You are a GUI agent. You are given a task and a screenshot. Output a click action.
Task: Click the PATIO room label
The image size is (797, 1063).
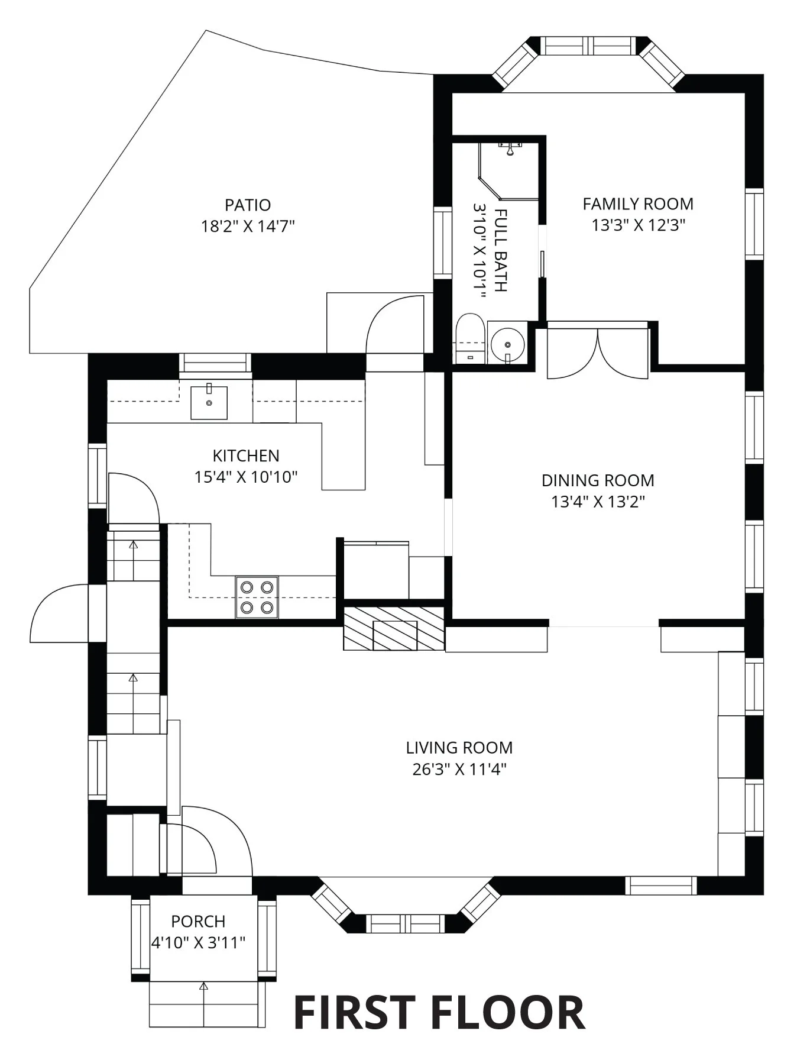[248, 205]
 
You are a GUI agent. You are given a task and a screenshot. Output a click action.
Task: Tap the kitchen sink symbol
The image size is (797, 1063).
[209, 402]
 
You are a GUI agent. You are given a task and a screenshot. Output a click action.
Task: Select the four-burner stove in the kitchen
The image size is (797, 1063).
[257, 597]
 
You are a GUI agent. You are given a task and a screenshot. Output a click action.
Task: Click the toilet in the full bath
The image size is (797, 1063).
[471, 338]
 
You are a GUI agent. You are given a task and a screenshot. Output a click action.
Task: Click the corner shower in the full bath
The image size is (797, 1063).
[508, 170]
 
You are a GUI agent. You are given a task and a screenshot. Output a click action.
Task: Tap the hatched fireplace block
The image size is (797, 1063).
[394, 628]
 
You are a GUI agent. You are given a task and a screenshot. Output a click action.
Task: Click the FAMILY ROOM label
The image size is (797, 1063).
[638, 204]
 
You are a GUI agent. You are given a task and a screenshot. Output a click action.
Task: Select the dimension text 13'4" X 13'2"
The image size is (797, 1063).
[598, 502]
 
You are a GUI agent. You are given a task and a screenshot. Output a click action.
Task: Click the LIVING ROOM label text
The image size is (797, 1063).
[459, 748]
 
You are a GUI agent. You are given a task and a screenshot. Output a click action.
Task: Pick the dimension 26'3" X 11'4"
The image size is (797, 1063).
[459, 769]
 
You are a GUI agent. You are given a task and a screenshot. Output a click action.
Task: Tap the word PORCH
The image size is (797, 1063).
[198, 921]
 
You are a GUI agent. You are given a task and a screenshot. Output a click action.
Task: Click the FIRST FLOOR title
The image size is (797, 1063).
[439, 1012]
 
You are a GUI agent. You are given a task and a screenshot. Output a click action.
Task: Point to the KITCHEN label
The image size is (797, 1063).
[246, 456]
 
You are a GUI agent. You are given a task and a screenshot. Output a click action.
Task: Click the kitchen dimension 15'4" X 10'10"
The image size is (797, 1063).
[246, 477]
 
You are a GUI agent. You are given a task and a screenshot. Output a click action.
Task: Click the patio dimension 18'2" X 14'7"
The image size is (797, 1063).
[248, 227]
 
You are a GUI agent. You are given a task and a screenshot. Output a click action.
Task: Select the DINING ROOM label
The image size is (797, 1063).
[598, 480]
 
